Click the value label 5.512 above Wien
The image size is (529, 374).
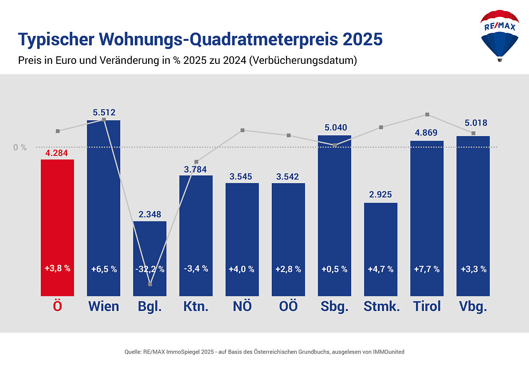point(104,113)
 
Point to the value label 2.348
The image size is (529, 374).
point(150,214)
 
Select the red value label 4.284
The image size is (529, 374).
point(57,153)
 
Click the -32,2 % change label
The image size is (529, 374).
point(150,269)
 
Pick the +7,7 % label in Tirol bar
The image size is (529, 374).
point(427,269)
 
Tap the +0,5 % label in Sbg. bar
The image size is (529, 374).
point(334,269)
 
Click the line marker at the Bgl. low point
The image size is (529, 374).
point(150,284)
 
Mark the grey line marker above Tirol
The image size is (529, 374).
point(427,114)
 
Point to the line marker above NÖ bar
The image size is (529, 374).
point(243,130)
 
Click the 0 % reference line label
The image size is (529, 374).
point(20,147)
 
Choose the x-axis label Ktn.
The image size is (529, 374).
point(196,306)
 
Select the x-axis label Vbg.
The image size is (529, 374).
point(473,306)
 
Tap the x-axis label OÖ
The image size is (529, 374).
point(288,306)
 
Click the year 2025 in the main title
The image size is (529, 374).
point(363,39)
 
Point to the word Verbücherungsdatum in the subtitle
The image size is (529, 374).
point(303,61)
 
